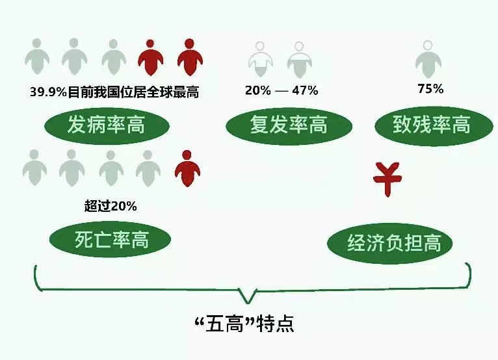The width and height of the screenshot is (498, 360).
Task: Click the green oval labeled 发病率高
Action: pyautogui.click(x=107, y=125)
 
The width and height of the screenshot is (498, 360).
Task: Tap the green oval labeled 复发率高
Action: pyautogui.click(x=289, y=125)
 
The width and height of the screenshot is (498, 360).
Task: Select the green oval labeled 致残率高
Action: pyautogui.click(x=434, y=125)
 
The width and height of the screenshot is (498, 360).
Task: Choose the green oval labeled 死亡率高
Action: pyautogui.click(x=111, y=239)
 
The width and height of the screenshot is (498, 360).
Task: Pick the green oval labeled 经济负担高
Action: pyautogui.click(x=389, y=243)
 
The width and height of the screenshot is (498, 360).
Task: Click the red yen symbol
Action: pyautogui.click(x=387, y=179)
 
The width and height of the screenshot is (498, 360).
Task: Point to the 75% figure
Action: pyautogui.click(x=430, y=88)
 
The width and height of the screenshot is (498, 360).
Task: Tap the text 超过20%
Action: pyautogui.click(x=111, y=206)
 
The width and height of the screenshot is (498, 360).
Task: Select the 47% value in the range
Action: pyautogui.click(x=305, y=90)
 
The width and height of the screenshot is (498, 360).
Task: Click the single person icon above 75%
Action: pyautogui.click(x=428, y=59)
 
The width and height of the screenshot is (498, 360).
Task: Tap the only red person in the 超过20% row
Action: pyautogui.click(x=187, y=168)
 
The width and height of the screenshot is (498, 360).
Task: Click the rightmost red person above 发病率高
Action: pyautogui.click(x=190, y=57)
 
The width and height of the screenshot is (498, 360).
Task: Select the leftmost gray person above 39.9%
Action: pyautogui.click(x=37, y=57)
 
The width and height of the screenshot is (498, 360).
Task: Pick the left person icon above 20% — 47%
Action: pyautogui.click(x=261, y=59)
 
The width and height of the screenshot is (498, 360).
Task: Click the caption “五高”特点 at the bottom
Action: pyautogui.click(x=244, y=324)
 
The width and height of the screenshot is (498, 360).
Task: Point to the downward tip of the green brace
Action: pyautogui.click(x=248, y=303)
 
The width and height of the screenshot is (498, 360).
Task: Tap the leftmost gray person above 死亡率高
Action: pyautogui.click(x=34, y=168)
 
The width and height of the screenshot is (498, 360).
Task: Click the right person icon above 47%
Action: pyautogui.click(x=299, y=60)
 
